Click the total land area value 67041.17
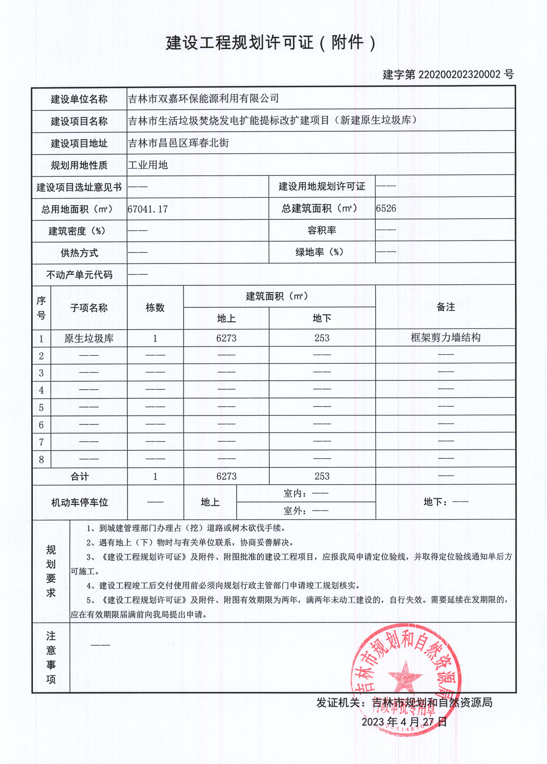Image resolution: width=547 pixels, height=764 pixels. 148,209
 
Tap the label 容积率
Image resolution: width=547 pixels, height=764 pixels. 322,230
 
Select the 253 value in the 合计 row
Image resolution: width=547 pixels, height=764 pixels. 322,476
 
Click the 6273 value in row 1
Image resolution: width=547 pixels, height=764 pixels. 226,338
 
